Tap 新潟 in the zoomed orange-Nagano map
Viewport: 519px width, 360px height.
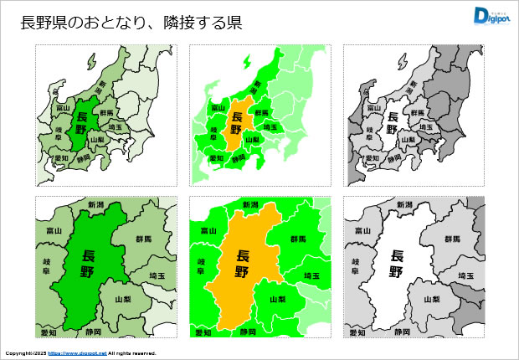pyautogui.click(x=250, y=204)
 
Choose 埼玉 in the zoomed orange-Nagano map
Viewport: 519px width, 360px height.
pyautogui.click(x=311, y=275)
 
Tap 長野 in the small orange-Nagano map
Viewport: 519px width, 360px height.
pyautogui.click(x=237, y=124)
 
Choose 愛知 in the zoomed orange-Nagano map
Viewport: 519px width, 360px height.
pyautogui.click(x=202, y=332)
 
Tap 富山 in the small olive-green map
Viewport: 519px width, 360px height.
pyautogui.click(x=62, y=108)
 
